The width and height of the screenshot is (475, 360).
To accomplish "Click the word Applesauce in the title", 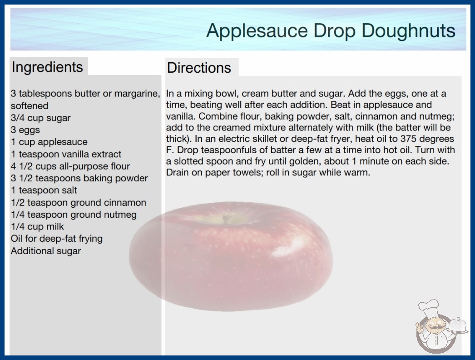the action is coord(257,31).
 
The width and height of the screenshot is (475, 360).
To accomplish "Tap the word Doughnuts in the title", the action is coord(408,31).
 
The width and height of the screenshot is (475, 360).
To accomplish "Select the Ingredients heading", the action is coord(47,67).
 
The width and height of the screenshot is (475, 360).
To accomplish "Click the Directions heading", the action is coord(199,68).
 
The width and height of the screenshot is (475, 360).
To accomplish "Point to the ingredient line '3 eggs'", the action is coord(25,130).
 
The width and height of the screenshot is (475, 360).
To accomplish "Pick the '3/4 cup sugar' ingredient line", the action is coord(40,118).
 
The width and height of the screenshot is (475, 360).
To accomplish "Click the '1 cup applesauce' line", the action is coord(49,142).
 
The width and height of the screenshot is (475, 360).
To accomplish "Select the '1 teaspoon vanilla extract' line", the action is coord(66,154).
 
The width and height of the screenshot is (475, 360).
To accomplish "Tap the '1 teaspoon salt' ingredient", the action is coord(44,190).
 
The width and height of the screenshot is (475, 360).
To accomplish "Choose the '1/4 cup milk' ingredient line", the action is coord(37,226).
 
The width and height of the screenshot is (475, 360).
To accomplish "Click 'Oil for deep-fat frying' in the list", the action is coord(57,239).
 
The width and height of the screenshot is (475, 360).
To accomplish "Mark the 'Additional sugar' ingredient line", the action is coord(46,251).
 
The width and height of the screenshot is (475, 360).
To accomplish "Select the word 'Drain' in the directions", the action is coord(178,172).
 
